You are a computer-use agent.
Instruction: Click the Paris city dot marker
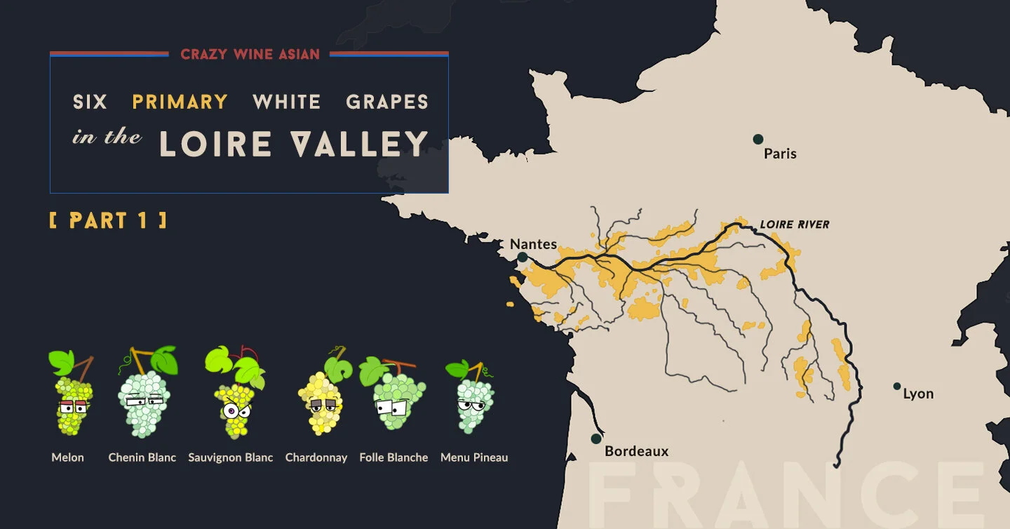click(x=757, y=139)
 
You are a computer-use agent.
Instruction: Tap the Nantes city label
click(x=533, y=244)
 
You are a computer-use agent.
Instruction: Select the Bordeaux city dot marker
click(x=596, y=438)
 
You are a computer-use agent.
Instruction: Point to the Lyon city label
click(x=918, y=394)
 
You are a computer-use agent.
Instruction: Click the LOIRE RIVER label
click(x=795, y=225)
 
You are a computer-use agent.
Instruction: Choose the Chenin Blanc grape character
click(x=144, y=400)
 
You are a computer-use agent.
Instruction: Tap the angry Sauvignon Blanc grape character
click(x=234, y=403)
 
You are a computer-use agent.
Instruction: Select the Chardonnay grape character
click(x=321, y=400)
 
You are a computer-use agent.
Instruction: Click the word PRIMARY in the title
click(x=180, y=102)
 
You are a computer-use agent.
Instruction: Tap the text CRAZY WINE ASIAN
click(x=250, y=54)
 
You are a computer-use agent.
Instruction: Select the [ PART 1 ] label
click(x=108, y=220)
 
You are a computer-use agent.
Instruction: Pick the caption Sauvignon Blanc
click(x=230, y=457)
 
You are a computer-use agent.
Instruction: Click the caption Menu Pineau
click(x=474, y=457)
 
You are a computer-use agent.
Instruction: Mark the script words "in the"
click(x=107, y=137)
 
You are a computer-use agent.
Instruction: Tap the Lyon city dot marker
click(x=896, y=386)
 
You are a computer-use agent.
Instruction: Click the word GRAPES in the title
click(x=387, y=102)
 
